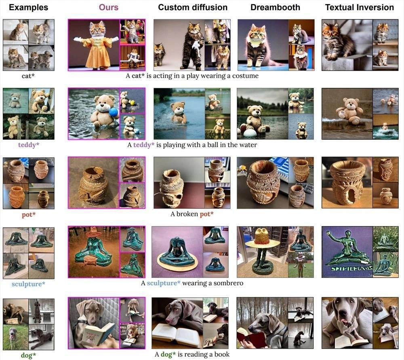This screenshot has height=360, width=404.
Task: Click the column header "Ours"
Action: click(108, 7)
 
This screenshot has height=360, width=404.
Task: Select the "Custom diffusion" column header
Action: click(193, 7)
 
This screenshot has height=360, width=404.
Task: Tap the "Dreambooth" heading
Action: click(275, 7)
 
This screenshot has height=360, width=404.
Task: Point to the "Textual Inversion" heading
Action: click(360, 7)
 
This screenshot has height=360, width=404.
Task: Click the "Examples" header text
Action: click(28, 7)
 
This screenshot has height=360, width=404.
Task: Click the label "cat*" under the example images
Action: click(28, 76)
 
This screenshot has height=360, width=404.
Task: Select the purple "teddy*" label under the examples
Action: click(29, 145)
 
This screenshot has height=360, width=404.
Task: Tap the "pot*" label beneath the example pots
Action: click(29, 214)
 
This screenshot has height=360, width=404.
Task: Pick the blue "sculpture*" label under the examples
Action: click(28, 284)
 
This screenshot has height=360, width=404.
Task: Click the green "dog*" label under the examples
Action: click(28, 355)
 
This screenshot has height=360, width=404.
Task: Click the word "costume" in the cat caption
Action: click(245, 76)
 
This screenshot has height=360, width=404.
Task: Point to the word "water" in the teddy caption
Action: click(248, 145)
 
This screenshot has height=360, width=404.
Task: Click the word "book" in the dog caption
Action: click(222, 354)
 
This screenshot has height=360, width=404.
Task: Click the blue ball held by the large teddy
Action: click(113, 112)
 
